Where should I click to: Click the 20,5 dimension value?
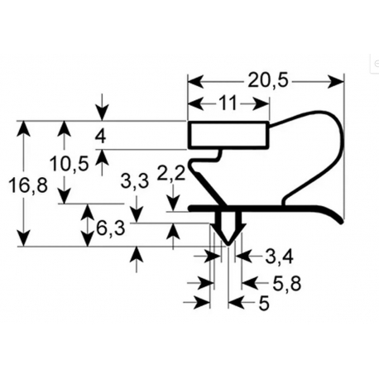[x=267, y=81]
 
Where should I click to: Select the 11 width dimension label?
[x=228, y=103]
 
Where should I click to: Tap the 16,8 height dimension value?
[x=28, y=185]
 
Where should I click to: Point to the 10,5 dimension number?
[x=70, y=164]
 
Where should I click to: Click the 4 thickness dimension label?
[x=100, y=137]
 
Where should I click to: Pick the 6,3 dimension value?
[x=110, y=228]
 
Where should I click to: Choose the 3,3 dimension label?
[x=135, y=181]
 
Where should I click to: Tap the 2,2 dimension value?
[x=171, y=174]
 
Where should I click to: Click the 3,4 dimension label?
[x=279, y=257]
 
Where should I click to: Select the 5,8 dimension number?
[x=287, y=284]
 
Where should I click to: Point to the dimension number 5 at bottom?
[x=264, y=303]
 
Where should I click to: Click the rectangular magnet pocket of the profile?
[x=228, y=135]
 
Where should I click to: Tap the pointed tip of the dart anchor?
[x=228, y=243]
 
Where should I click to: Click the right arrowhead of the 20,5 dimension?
[x=336, y=82]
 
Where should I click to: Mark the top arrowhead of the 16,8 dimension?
[x=23, y=128]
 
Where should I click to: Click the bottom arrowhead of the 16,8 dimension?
[x=23, y=238]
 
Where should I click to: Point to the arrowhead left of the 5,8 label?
[x=250, y=283]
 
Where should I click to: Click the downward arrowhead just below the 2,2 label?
[x=174, y=204]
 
